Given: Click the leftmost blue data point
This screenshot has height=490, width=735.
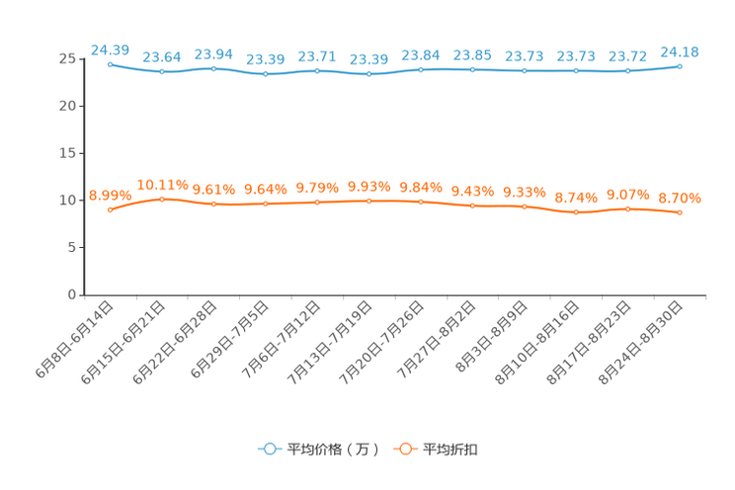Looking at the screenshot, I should pos(111,63).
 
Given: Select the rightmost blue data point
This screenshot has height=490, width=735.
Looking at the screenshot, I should pos(680,66).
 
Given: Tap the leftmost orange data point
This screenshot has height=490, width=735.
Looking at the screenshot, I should pos(111,209).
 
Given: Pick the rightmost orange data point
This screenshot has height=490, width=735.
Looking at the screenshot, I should pos(680,212).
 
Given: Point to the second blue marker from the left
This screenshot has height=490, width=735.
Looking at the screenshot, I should pos(162,71).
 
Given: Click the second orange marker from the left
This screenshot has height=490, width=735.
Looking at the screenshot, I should pos(162,199).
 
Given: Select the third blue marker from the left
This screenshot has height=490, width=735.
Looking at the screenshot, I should pos(213,68).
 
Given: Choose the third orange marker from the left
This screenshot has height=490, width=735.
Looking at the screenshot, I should pos(213,204).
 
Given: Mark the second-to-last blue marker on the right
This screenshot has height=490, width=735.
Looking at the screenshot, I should pos(628,70).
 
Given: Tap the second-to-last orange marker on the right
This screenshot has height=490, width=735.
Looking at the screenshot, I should pos(628,208).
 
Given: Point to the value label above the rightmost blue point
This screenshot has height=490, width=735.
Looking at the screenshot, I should pos(680,51).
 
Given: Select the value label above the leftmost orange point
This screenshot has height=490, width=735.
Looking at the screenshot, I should pos(108,195).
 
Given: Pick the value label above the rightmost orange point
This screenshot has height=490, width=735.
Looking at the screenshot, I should pos(680,199).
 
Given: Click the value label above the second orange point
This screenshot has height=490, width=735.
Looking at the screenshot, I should pos(162,185).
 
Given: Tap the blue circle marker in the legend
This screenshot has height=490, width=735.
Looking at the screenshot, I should pos(269,449).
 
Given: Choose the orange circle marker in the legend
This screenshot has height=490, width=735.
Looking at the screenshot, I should pos(404,449).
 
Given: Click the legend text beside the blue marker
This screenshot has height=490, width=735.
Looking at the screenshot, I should pos(332,449).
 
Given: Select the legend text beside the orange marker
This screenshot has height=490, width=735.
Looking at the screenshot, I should pos(450,449).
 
